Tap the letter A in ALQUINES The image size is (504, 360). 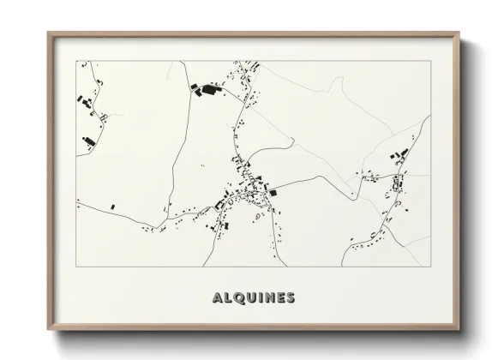[217, 298]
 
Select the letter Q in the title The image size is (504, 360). [237, 298]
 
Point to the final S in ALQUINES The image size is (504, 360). [290, 298]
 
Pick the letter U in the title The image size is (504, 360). [249, 298]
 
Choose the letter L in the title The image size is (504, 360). [227, 298]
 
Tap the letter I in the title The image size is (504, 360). [258, 298]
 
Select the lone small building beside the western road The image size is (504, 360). [111, 207]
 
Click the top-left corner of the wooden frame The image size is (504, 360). [48, 33]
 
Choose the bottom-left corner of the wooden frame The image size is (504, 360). [48, 330]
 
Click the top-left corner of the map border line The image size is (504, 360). [76, 61]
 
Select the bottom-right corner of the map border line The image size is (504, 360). [430, 267]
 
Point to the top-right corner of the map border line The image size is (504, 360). [430, 61]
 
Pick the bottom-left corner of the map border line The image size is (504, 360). [76, 267]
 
